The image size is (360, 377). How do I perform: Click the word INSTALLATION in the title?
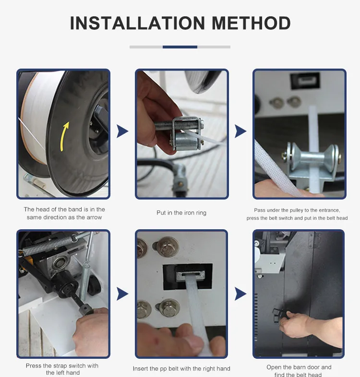[x=137, y=23]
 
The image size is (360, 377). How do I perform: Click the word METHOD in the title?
[x=251, y=23]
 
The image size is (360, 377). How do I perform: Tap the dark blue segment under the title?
[x=180, y=47]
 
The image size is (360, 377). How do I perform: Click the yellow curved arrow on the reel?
[x=64, y=136]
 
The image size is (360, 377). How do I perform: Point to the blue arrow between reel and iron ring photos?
[x=122, y=131]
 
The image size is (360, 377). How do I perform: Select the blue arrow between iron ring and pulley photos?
[x=240, y=131]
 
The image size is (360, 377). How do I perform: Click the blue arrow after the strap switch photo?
[x=122, y=294]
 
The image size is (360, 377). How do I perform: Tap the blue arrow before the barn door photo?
[x=240, y=294]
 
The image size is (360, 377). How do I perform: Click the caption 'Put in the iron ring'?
[x=181, y=213]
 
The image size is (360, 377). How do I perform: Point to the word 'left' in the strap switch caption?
[x=61, y=373]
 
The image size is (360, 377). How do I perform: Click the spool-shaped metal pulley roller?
[x=312, y=157]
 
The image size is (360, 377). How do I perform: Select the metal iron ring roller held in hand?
[x=186, y=142]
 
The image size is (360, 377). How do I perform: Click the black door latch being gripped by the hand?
[x=278, y=316]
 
